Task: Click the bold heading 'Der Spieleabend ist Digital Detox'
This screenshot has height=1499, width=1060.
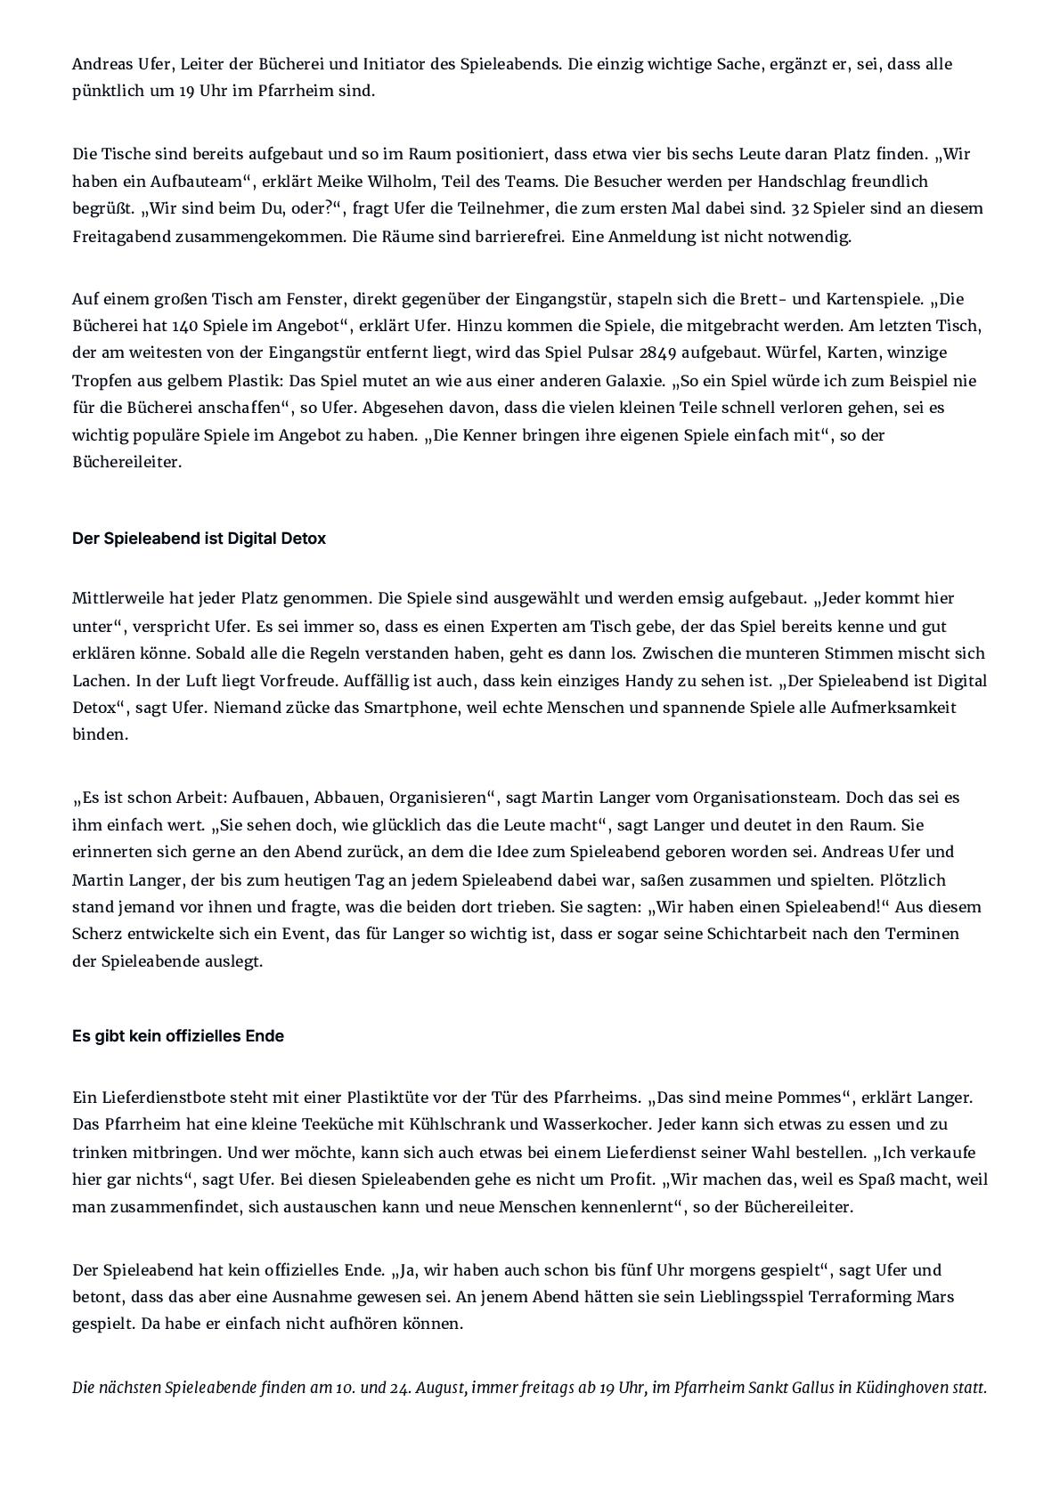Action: (199, 539)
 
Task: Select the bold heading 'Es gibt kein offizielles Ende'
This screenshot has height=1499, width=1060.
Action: (178, 1036)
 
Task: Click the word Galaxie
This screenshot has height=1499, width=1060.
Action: (632, 381)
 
